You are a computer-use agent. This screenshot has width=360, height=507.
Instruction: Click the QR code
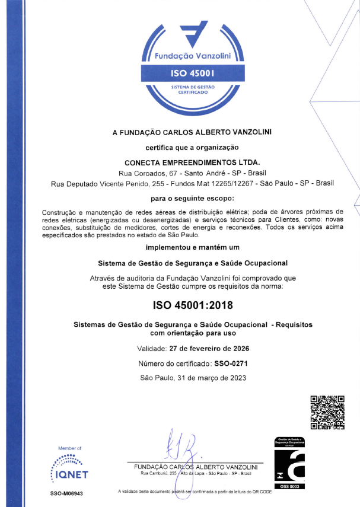(327, 412)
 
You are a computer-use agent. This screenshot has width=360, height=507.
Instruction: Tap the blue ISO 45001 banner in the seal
(192, 74)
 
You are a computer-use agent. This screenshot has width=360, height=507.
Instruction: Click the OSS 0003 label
(289, 486)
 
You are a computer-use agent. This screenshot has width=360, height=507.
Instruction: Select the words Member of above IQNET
(69, 448)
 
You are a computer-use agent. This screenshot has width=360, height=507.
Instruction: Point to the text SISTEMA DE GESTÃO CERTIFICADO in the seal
(192, 90)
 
